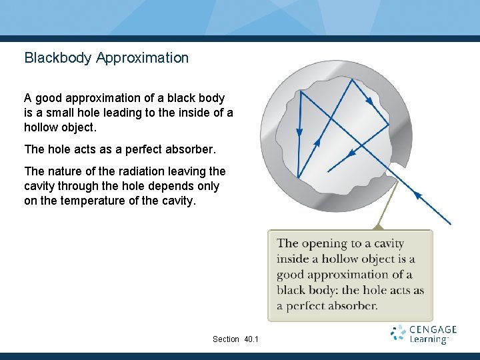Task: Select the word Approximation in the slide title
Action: (142, 58)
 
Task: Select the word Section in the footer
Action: (226, 339)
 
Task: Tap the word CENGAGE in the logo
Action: (433, 329)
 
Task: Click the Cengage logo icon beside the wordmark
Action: (399, 334)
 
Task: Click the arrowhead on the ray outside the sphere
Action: (419, 195)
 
